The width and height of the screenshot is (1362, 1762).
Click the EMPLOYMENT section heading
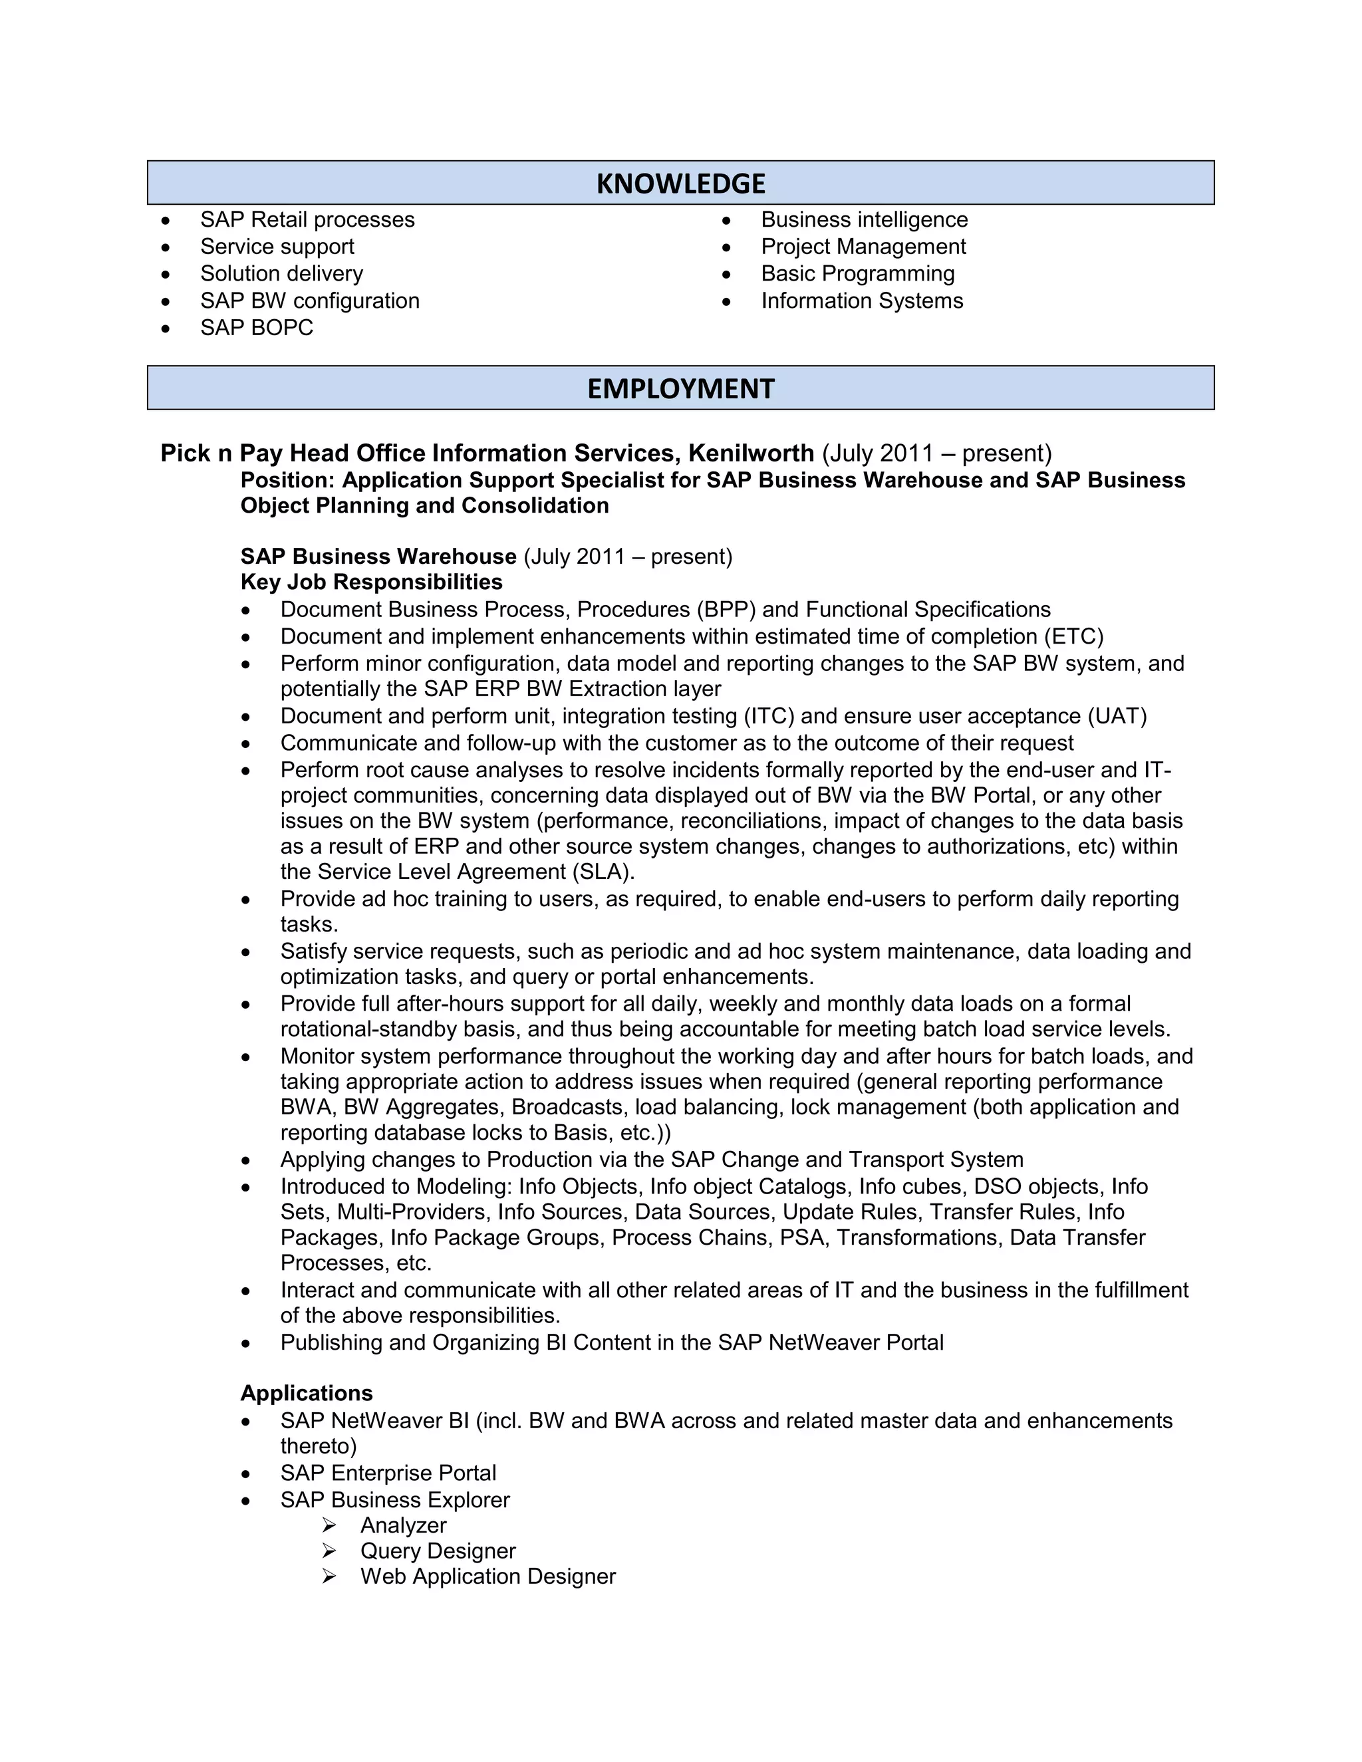[x=680, y=388]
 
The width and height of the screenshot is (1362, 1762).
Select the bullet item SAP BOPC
[x=257, y=328]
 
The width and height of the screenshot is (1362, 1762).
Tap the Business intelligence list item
[x=863, y=219]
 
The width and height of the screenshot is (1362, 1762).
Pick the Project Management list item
[x=863, y=246]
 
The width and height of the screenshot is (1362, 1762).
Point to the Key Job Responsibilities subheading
[x=371, y=582]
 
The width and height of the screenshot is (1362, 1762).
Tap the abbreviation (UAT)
[x=1117, y=715]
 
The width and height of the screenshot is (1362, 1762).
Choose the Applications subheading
[x=307, y=1393]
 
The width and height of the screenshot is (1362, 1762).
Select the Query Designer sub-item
[x=438, y=1551]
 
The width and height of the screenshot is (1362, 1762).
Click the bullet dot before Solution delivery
[x=166, y=275]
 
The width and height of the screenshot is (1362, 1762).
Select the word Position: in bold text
[x=287, y=480]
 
